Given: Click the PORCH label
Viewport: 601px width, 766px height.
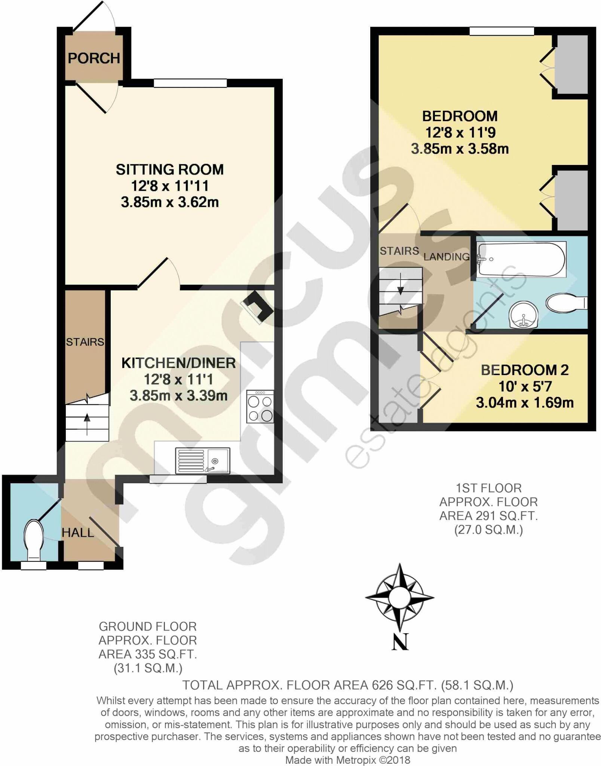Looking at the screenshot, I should coord(94,58).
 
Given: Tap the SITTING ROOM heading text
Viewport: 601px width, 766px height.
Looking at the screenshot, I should coord(170,169).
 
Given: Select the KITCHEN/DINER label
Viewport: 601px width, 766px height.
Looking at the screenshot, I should coord(178,363).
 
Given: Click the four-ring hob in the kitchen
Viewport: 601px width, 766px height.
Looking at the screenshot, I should coord(260,407).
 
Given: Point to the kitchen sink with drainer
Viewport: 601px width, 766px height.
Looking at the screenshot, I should coord(202,460).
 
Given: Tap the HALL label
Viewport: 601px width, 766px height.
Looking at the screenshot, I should coord(78,533).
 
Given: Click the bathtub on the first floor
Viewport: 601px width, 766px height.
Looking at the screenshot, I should coord(521,259).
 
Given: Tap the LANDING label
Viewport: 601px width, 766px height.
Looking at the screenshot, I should coord(447,257).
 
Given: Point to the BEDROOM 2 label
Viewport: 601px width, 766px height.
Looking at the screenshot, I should coord(525,370).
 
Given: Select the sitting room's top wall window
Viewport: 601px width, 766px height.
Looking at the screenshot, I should coord(190,83).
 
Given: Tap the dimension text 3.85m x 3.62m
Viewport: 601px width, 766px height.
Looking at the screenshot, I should coord(170,202).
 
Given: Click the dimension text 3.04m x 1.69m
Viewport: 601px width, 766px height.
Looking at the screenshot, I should coord(525,403).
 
